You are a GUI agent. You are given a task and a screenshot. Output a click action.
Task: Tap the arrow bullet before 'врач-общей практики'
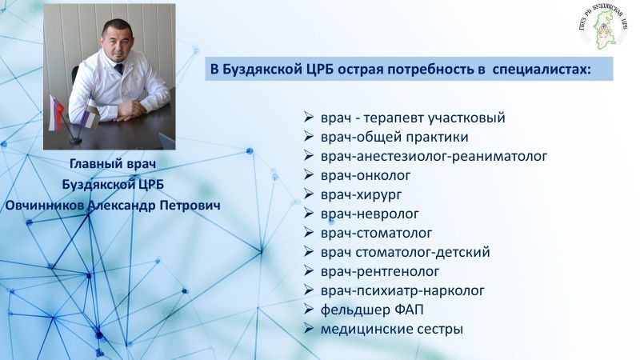click(x=309, y=136)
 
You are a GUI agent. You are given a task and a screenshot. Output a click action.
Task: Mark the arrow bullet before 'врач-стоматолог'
click(x=309, y=233)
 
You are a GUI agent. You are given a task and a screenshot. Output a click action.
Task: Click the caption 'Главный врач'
click(x=110, y=165)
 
